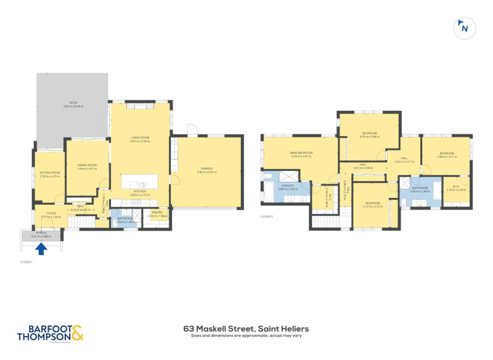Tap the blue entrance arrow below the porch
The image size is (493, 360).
point(41,248)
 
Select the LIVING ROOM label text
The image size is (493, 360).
point(140,139)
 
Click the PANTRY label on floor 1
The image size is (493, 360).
point(157,214)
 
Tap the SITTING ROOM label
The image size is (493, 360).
point(50,174)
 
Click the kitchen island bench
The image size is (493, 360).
point(139,181)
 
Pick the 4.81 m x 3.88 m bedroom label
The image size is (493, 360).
point(369,134)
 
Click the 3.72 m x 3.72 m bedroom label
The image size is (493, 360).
point(373,204)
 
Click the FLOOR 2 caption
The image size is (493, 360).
point(266,216)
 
